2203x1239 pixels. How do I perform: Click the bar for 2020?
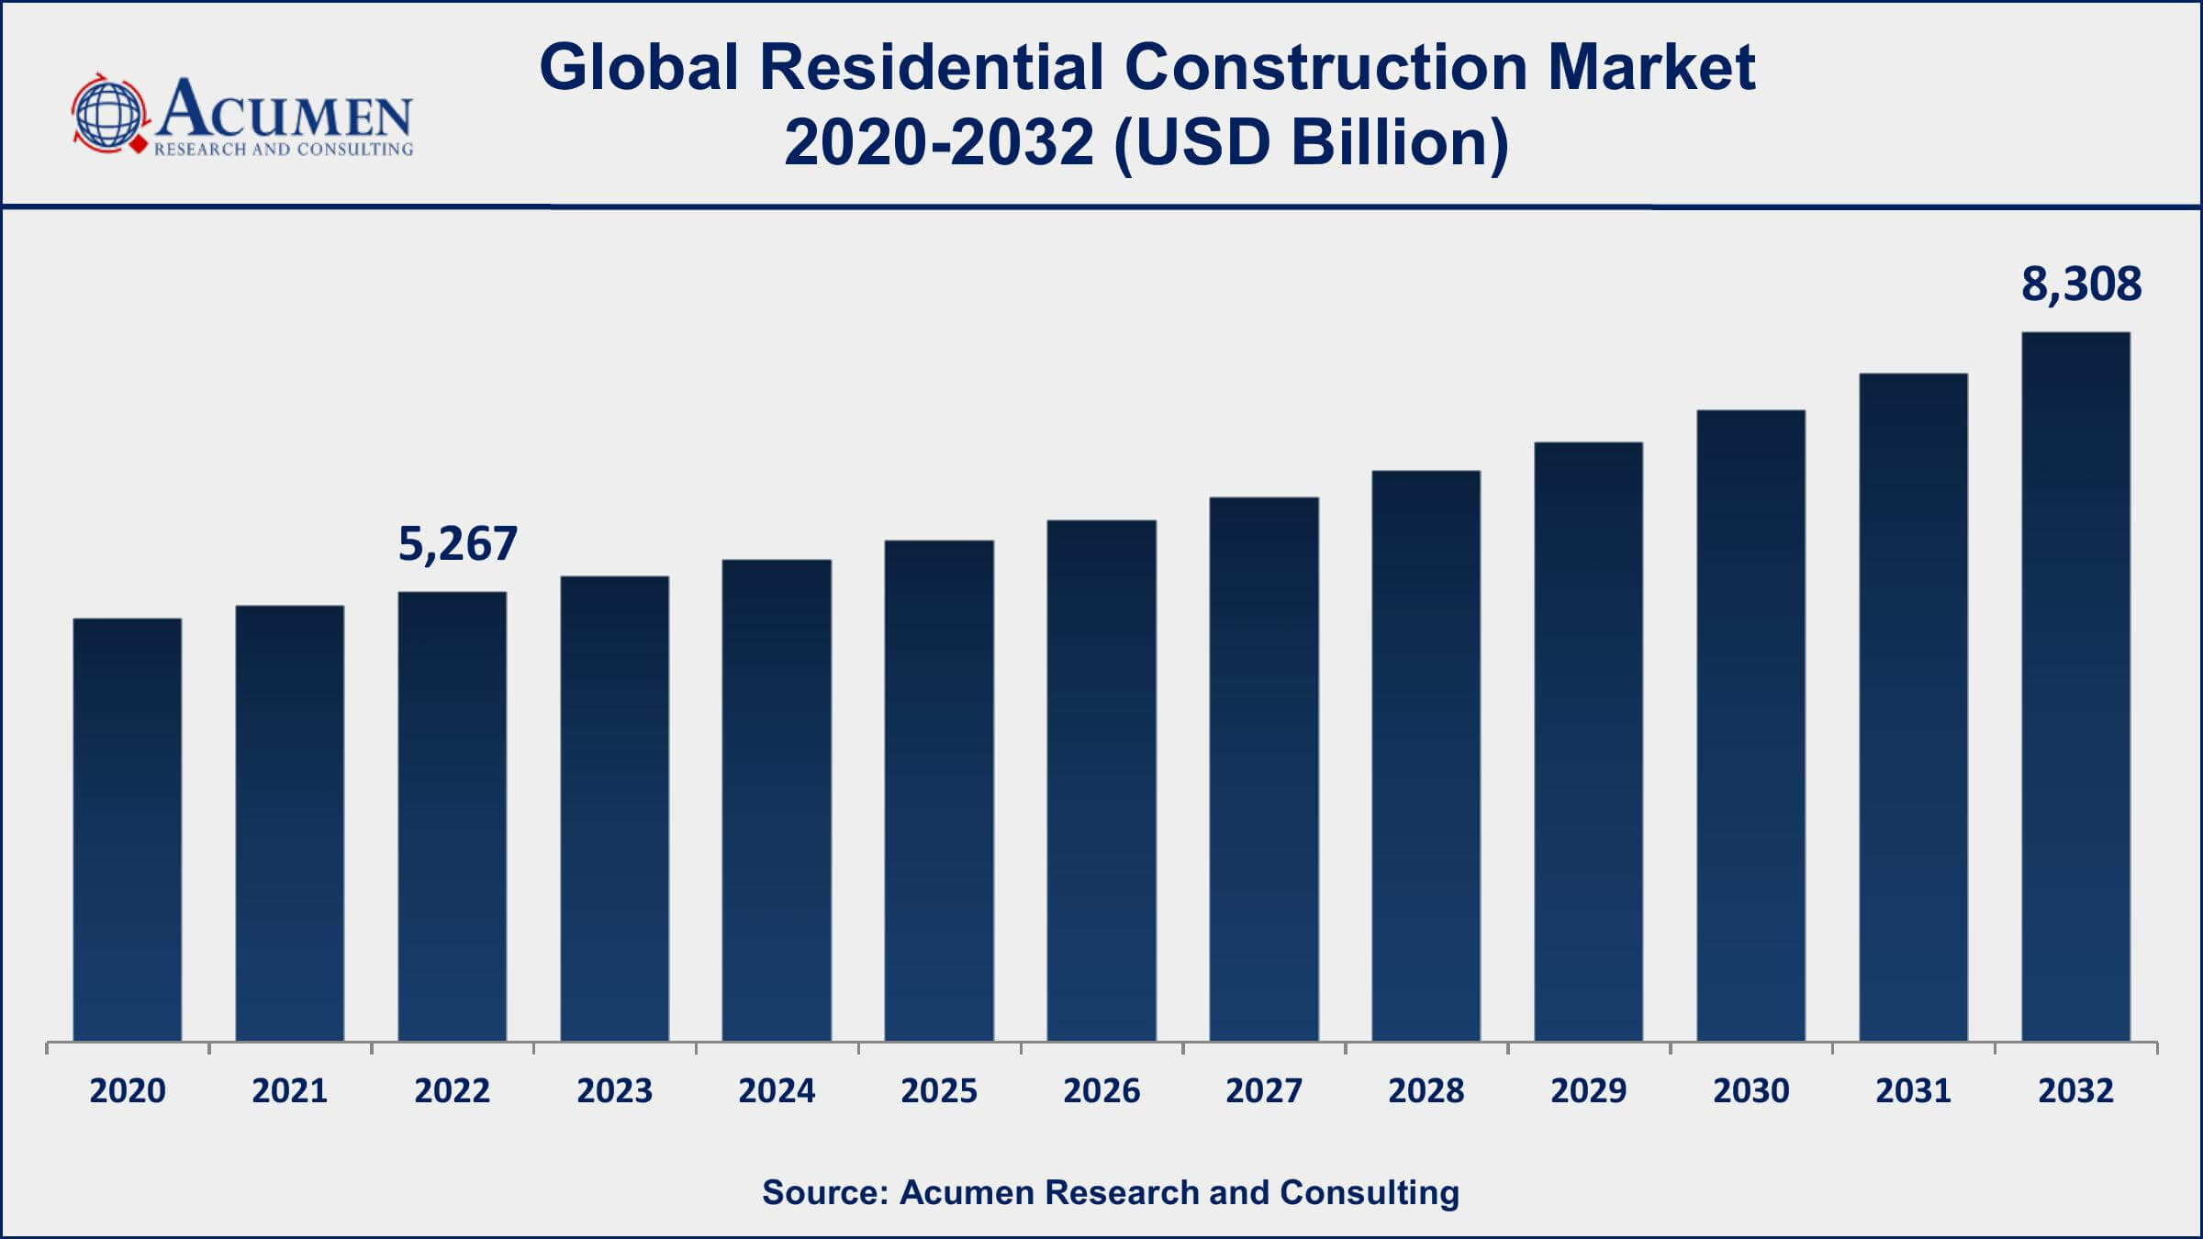tap(128, 831)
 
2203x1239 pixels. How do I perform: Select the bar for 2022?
tap(453, 817)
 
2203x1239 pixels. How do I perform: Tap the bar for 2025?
tap(939, 791)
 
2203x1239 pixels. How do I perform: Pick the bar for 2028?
tap(1426, 756)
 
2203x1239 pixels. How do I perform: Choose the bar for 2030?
tap(1750, 726)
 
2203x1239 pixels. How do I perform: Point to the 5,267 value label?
tap(457, 543)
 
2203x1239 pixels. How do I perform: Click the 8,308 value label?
tap(2081, 284)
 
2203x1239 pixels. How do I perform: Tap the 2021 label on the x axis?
tap(290, 1090)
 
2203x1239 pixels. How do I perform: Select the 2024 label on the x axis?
tap(777, 1090)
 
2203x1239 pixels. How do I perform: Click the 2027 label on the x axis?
tap(1263, 1090)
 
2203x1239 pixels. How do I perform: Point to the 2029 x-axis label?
tap(1588, 1090)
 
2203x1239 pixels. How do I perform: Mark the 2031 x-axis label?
tap(1913, 1090)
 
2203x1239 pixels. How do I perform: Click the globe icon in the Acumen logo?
tap(109, 114)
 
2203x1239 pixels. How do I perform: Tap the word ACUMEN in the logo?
tap(285, 110)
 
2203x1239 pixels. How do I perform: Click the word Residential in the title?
tap(931, 68)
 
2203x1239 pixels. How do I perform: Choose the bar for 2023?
tap(614, 809)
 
